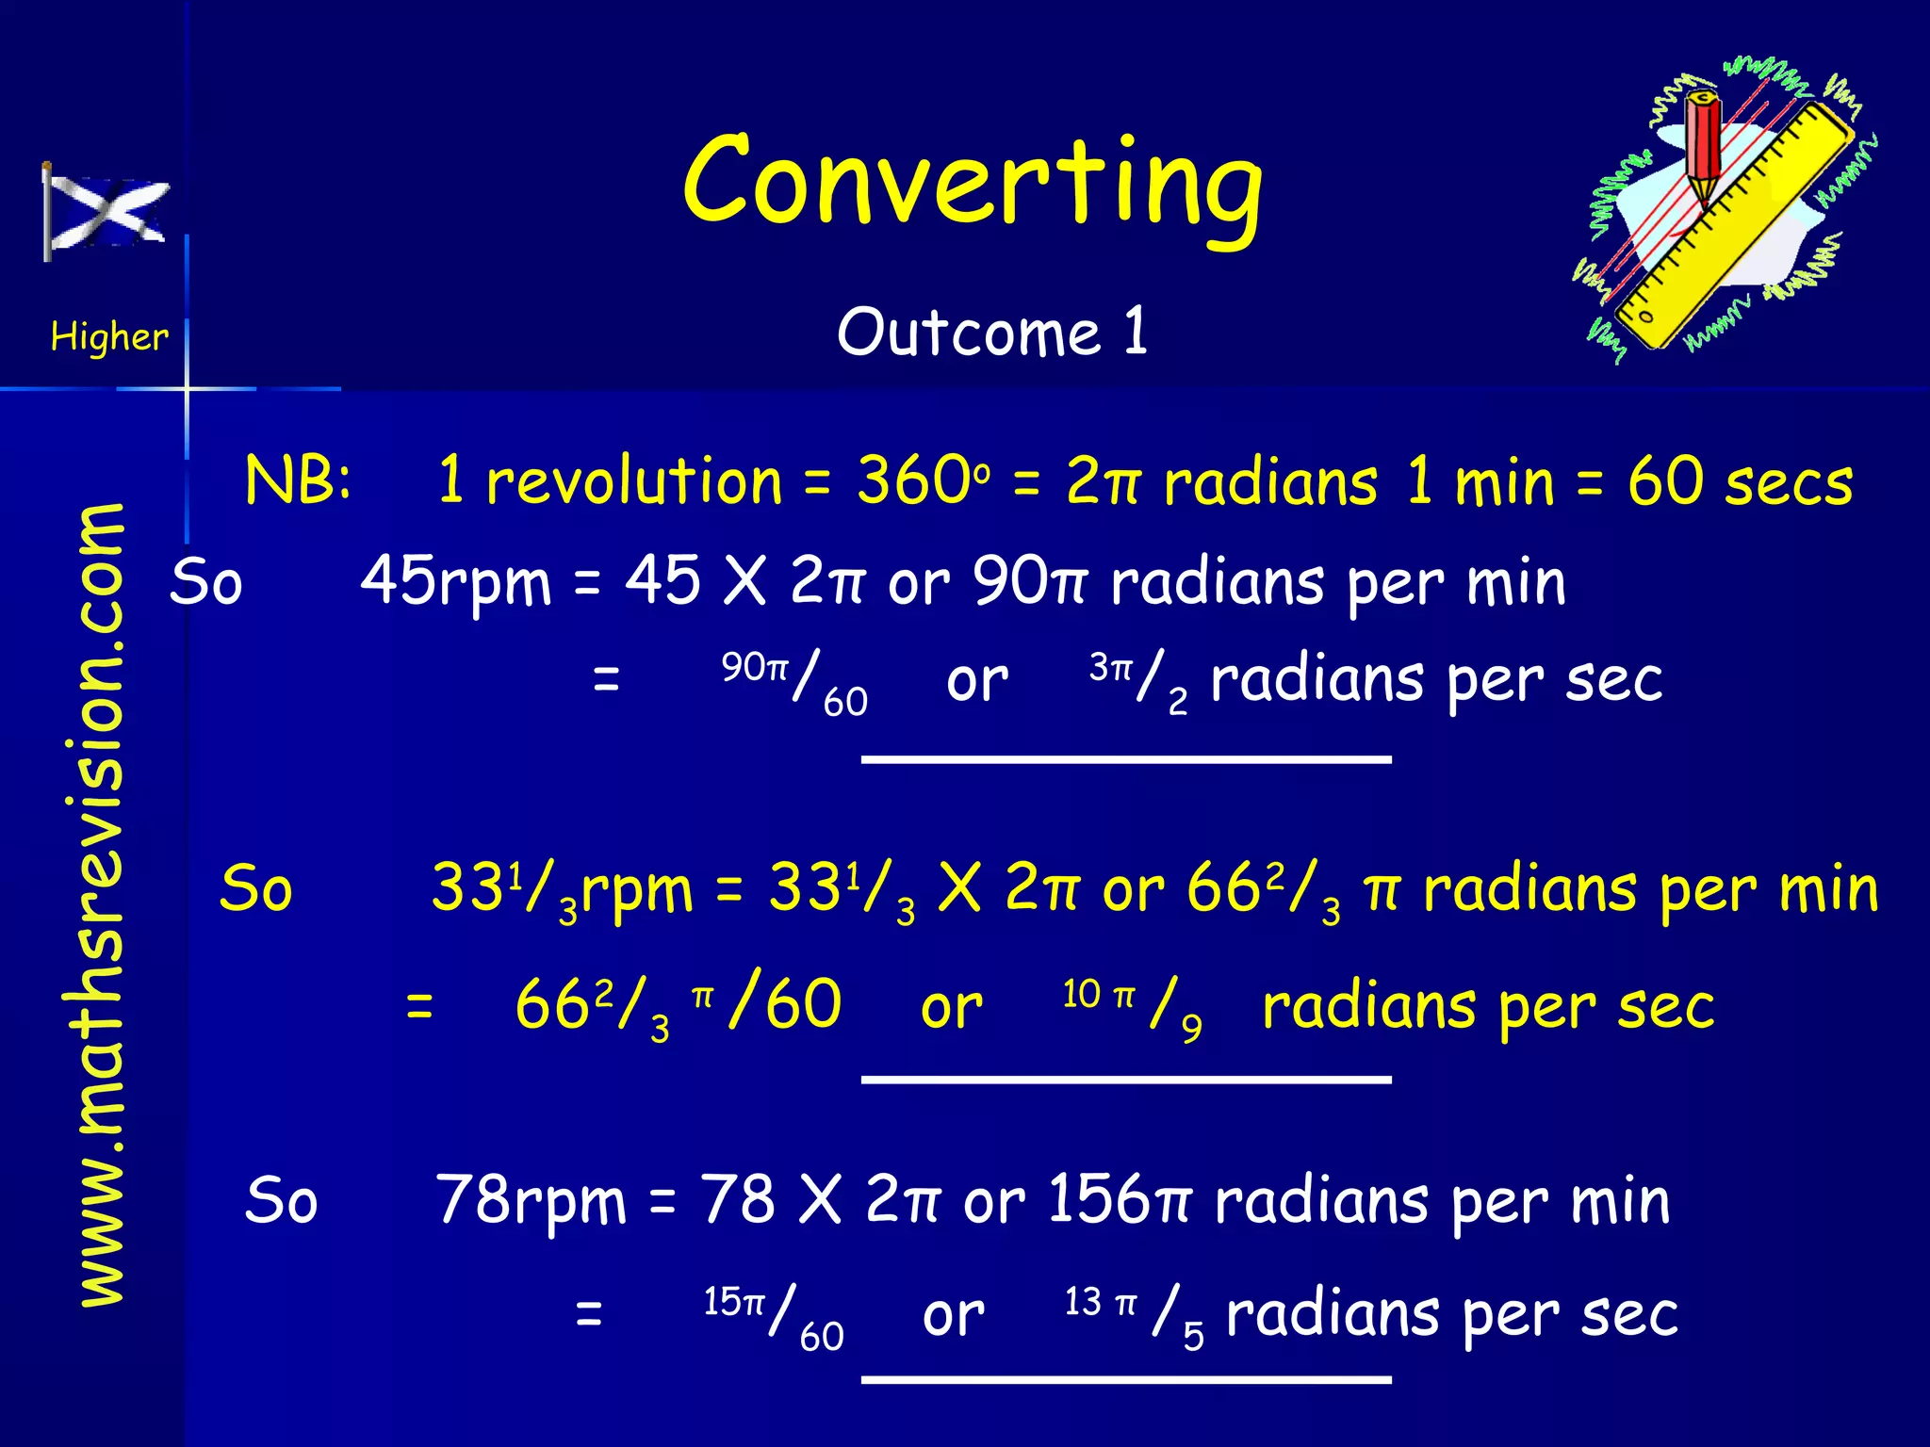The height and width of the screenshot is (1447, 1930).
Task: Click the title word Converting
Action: (x=973, y=184)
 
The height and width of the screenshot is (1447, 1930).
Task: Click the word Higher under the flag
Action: (x=109, y=336)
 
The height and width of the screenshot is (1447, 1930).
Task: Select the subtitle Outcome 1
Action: (x=992, y=333)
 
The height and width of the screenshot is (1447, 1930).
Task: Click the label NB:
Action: (x=298, y=480)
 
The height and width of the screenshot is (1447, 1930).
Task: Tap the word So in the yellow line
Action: (x=256, y=889)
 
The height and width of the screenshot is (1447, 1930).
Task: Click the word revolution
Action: (x=634, y=481)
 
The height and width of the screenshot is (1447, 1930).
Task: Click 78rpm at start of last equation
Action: (x=531, y=1202)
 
